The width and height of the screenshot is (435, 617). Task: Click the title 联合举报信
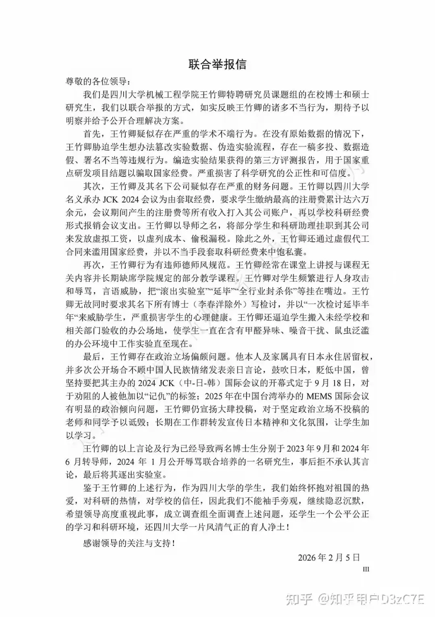[217, 64]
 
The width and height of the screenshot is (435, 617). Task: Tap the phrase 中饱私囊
[282, 252]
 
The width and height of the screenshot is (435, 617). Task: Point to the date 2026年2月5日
[329, 558]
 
